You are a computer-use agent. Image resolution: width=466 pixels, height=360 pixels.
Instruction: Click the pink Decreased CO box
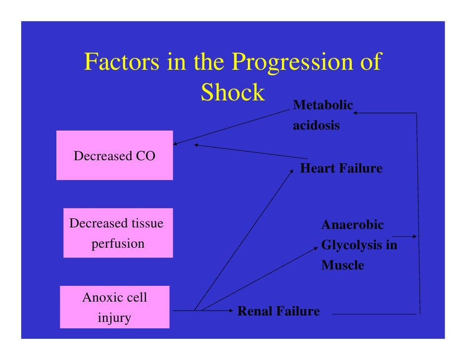(114, 155)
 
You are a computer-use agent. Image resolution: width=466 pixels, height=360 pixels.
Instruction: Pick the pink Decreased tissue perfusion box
(118, 233)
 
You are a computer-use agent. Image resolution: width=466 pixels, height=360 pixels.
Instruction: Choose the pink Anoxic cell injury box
(114, 307)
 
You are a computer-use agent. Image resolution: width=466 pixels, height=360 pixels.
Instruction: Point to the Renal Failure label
(279, 312)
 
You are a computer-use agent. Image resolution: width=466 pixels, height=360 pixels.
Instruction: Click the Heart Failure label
(341, 169)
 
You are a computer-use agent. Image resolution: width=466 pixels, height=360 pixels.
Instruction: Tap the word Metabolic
(323, 105)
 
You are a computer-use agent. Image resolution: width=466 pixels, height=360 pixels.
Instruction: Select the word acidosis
(316, 126)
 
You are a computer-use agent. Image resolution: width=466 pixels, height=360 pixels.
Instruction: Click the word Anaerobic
(352, 225)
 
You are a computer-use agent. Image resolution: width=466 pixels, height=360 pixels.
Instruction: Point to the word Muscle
(342, 266)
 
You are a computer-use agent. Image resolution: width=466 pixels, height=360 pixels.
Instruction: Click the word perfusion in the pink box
(118, 244)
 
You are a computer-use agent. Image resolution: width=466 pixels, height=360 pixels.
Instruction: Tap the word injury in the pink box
(114, 317)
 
